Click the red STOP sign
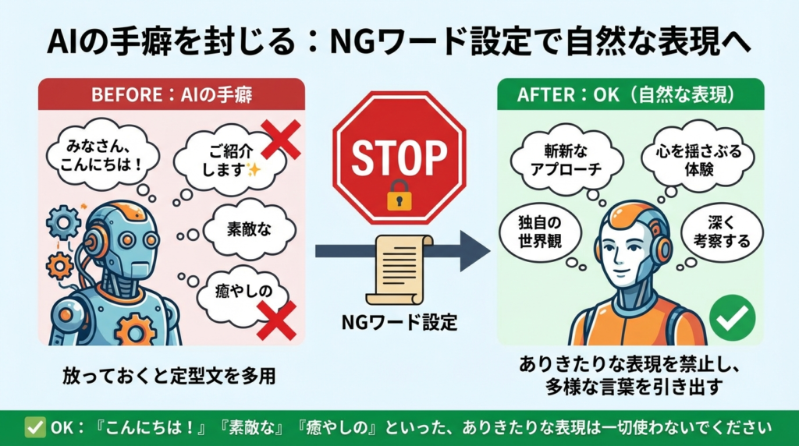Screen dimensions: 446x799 pyautogui.click(x=399, y=156)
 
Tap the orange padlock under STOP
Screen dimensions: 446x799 pyautogui.click(x=399, y=196)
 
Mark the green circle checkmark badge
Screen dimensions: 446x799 pyautogui.click(x=733, y=317)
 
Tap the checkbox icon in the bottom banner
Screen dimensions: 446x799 pyautogui.click(x=35, y=427)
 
